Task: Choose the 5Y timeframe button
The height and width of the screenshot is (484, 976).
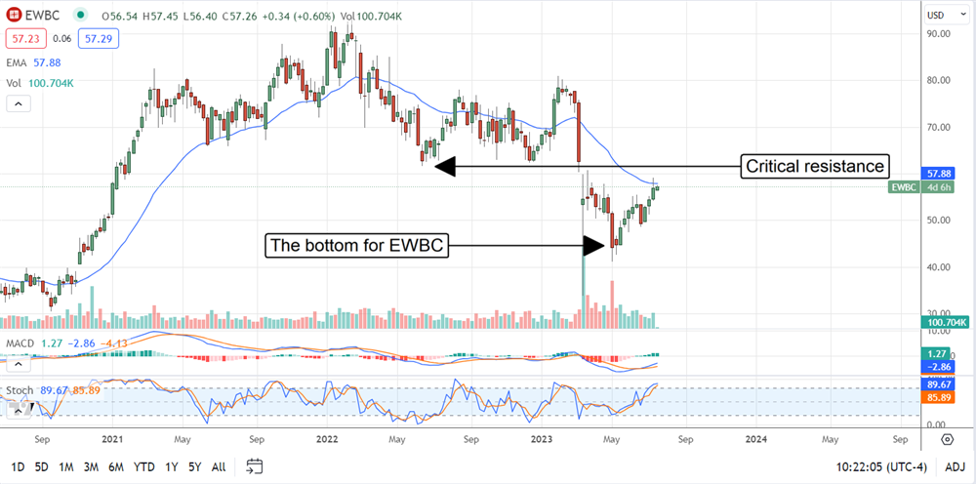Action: tap(196, 465)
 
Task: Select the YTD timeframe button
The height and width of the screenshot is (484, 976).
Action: tap(143, 465)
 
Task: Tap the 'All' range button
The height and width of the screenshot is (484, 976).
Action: tap(220, 465)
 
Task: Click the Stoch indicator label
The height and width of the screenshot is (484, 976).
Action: tap(19, 390)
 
